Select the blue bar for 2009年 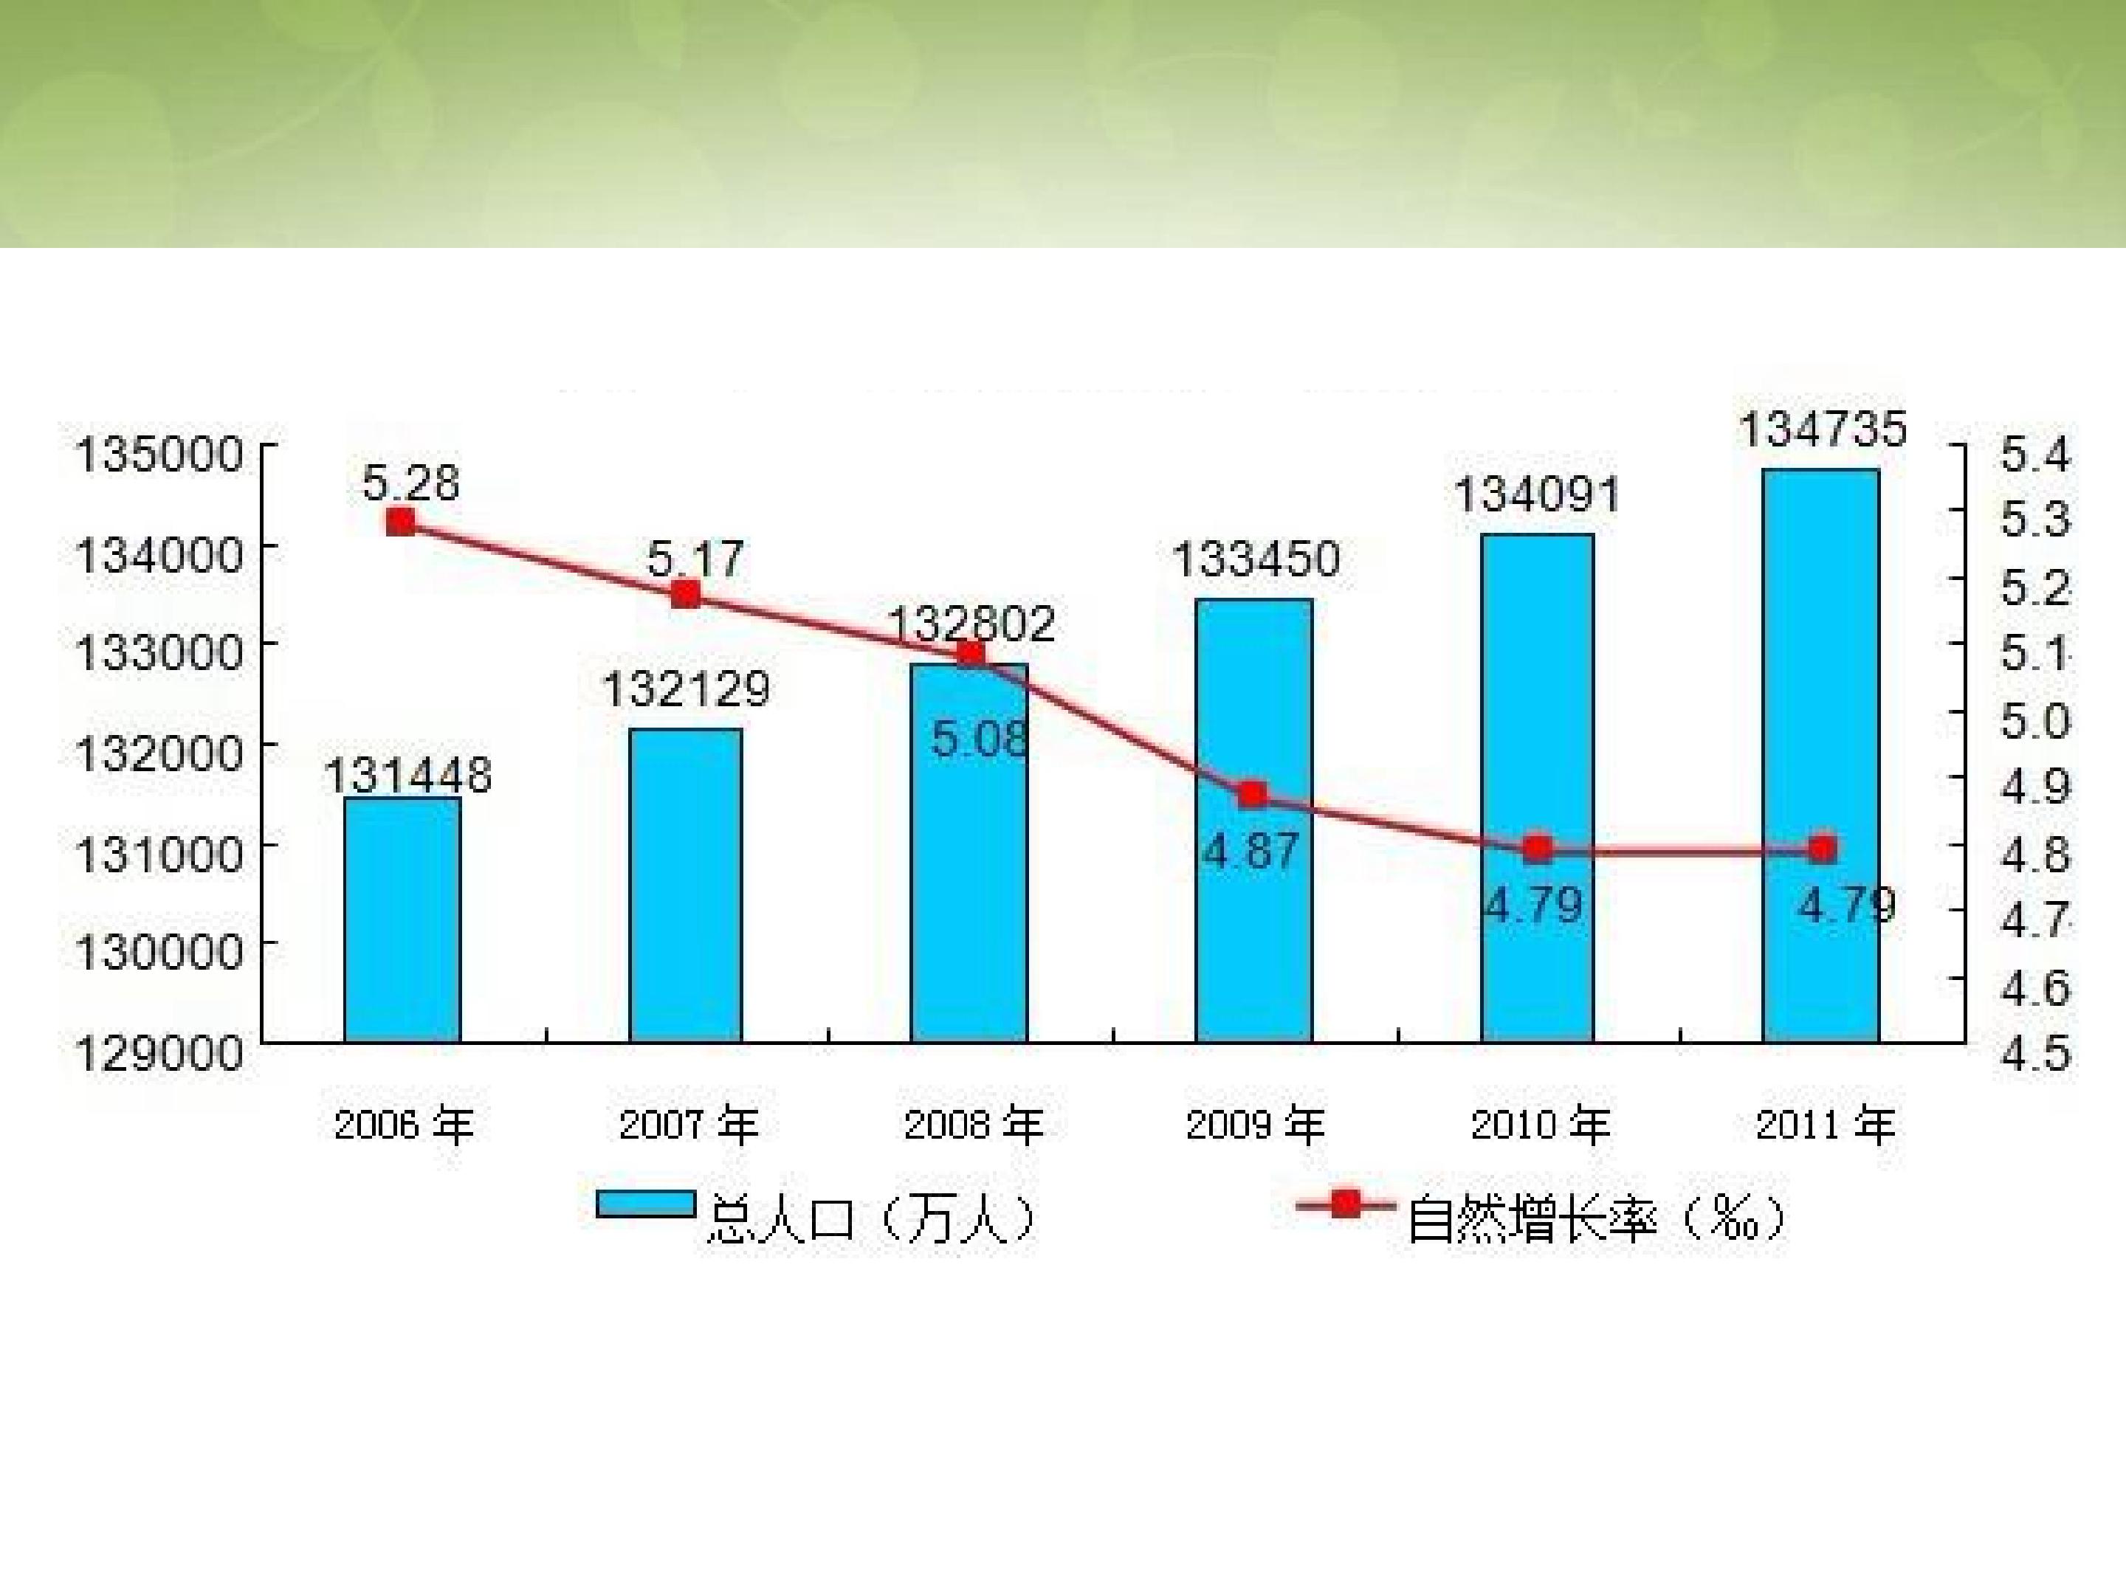[x=1253, y=922]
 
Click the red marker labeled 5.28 [x=401, y=522]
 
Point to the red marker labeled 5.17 [x=685, y=594]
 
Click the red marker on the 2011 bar [x=1821, y=849]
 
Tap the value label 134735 [x=1823, y=429]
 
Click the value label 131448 [x=407, y=774]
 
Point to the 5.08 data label [x=978, y=739]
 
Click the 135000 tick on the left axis [x=159, y=455]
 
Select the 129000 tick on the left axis [x=159, y=1054]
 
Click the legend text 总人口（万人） [x=872, y=1219]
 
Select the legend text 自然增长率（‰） [x=1595, y=1219]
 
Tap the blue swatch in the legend [x=645, y=1205]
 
